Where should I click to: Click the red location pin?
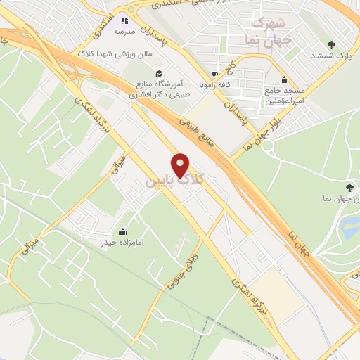[181, 166]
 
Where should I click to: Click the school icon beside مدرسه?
[126, 21]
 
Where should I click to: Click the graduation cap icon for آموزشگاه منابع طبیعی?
[159, 72]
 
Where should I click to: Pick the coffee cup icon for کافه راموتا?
[215, 74]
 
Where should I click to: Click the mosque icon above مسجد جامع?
[283, 79]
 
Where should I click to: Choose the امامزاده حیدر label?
[124, 243]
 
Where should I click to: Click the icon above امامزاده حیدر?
[124, 232]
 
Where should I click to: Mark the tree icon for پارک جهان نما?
[349, 186]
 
